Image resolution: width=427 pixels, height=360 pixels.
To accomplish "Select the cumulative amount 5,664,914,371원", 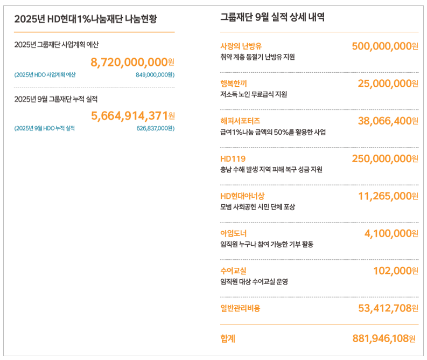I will click(x=132, y=115).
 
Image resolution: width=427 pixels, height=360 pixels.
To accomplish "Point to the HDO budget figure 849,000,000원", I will click(x=155, y=75).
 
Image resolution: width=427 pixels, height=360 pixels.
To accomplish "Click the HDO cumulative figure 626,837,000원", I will click(x=155, y=128).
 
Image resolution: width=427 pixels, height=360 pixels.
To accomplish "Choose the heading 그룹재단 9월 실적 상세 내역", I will click(x=272, y=17).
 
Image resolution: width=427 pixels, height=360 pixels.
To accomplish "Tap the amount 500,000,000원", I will click(x=384, y=46).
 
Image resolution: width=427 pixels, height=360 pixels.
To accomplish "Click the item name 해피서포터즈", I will click(x=240, y=121).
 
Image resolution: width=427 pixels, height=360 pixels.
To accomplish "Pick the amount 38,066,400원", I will click(x=388, y=121).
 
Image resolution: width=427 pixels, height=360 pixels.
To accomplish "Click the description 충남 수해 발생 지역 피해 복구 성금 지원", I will click(x=271, y=169).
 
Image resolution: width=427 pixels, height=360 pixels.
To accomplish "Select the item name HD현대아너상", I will click(x=242, y=196).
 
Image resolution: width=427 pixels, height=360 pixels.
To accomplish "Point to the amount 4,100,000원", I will click(x=391, y=233).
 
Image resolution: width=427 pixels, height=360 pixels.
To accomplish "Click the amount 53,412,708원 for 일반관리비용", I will click(x=388, y=308).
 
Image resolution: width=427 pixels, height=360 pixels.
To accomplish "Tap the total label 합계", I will click(x=228, y=338).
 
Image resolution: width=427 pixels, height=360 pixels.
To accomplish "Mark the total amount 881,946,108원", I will click(x=384, y=338).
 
